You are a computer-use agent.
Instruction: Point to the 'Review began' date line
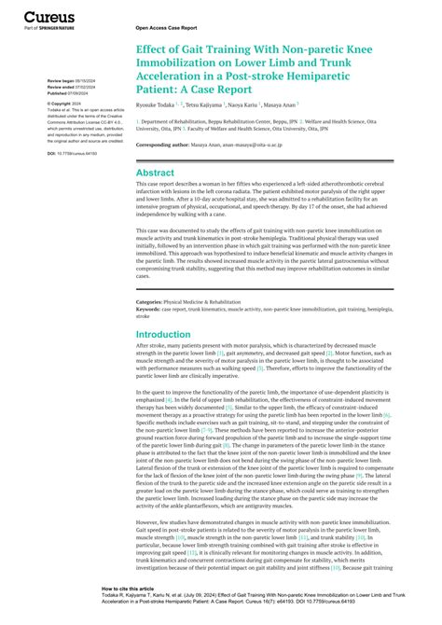[71, 82]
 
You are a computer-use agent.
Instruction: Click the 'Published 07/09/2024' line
[71, 93]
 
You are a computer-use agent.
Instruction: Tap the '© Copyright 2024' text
[65, 104]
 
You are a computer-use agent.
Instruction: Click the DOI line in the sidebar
[71, 151]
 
